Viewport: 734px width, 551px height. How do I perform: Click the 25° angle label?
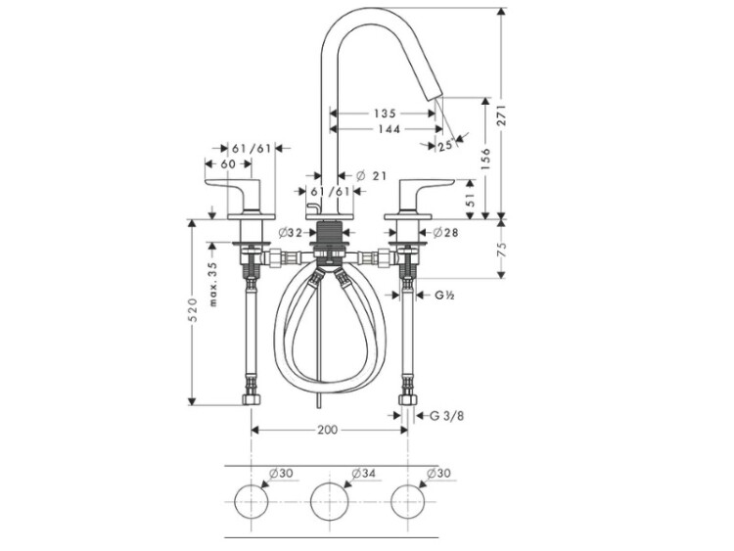pos(445,146)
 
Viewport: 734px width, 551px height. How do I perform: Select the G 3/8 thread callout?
pos(445,416)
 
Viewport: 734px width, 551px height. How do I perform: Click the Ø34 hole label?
pos(361,474)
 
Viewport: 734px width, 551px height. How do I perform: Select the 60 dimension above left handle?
pos(228,164)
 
